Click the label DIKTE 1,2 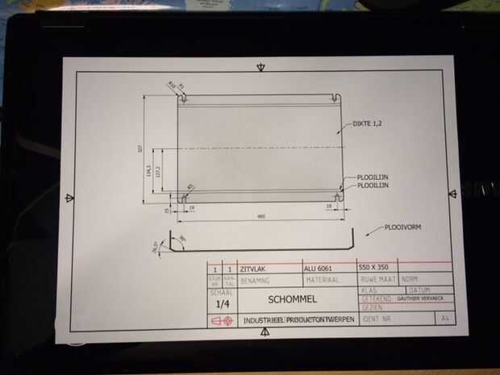click(368, 124)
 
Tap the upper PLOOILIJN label click(373, 177)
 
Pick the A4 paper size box click(443, 319)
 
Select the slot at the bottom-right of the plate click(338, 195)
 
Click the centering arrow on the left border click(70, 198)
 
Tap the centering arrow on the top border click(260, 67)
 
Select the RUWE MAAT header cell click(375, 279)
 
